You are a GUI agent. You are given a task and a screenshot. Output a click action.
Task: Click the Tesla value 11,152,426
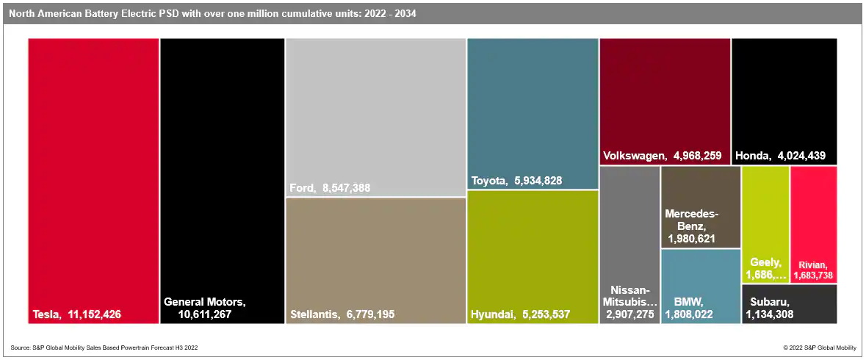point(95,314)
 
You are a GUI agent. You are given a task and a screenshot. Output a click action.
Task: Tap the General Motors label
point(204,302)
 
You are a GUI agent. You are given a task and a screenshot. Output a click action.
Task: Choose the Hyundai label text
point(493,314)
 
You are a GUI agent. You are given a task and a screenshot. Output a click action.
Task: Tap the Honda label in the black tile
point(751,156)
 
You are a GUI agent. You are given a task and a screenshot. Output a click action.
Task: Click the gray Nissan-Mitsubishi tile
point(629,220)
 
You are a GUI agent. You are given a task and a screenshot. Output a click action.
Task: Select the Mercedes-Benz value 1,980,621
point(691,239)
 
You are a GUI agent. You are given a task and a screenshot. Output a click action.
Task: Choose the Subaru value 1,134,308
point(769,314)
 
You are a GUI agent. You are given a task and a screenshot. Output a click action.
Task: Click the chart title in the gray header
point(212,13)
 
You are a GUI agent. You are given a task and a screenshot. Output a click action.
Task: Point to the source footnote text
point(104,348)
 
